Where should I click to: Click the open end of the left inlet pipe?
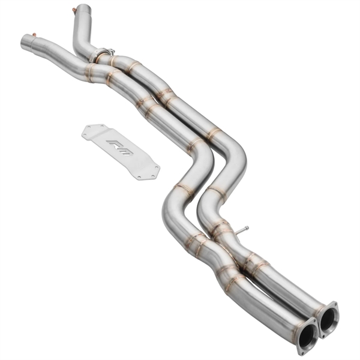(23, 44)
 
